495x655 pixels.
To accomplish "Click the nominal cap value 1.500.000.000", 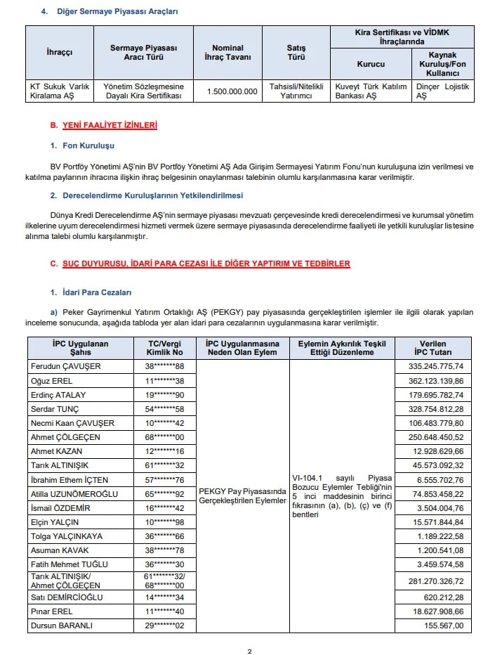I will (232, 91).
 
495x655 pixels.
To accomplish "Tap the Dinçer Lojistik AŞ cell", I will (442, 91).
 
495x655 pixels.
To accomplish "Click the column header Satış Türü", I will (296, 53).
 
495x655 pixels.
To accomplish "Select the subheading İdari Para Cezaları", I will (95, 292).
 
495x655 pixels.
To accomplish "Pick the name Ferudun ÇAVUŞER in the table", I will (66, 366).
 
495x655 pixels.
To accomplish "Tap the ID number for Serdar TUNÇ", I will (164, 409).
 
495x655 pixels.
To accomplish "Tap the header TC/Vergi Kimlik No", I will (164, 347).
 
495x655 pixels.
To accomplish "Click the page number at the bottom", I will (249, 651).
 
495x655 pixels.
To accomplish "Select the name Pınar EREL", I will (53, 611).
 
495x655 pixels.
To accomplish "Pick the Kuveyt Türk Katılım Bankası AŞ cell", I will (370, 91).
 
